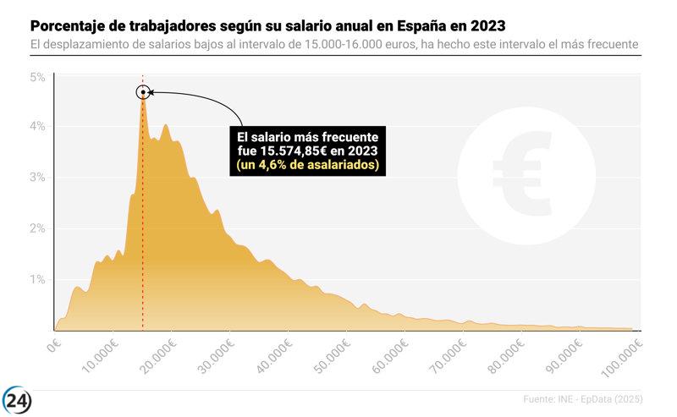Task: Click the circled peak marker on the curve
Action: pyautogui.click(x=143, y=92)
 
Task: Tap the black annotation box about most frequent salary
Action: pyautogui.click(x=308, y=151)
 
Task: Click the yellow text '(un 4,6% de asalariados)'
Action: pyautogui.click(x=308, y=165)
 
